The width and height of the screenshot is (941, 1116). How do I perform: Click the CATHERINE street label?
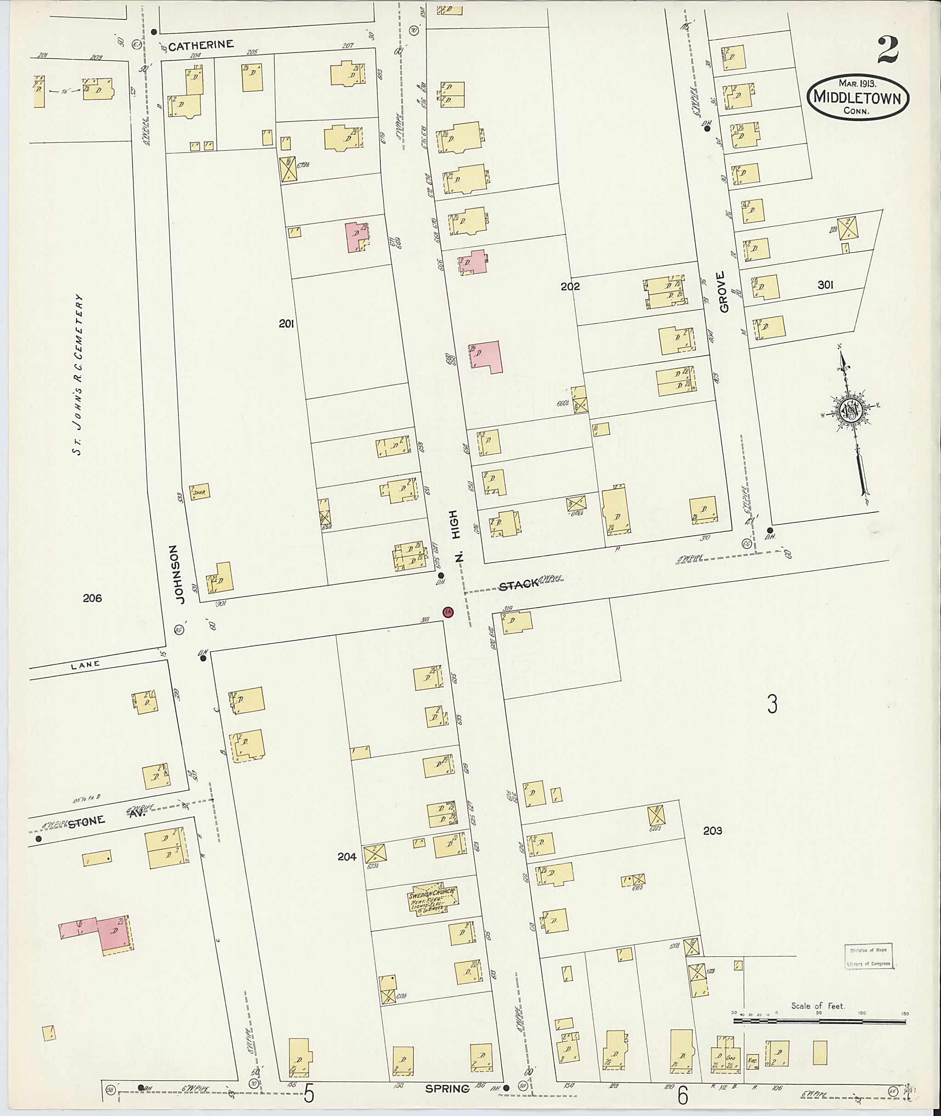tap(201, 45)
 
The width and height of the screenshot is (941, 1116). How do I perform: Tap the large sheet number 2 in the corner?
tap(887, 50)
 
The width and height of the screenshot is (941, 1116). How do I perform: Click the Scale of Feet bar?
tap(820, 1021)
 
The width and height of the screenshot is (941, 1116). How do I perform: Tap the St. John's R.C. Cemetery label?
tap(79, 374)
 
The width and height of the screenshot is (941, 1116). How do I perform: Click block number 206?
tap(92, 598)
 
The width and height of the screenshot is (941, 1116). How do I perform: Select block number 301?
tap(825, 285)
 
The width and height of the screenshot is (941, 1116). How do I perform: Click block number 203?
tap(712, 831)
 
